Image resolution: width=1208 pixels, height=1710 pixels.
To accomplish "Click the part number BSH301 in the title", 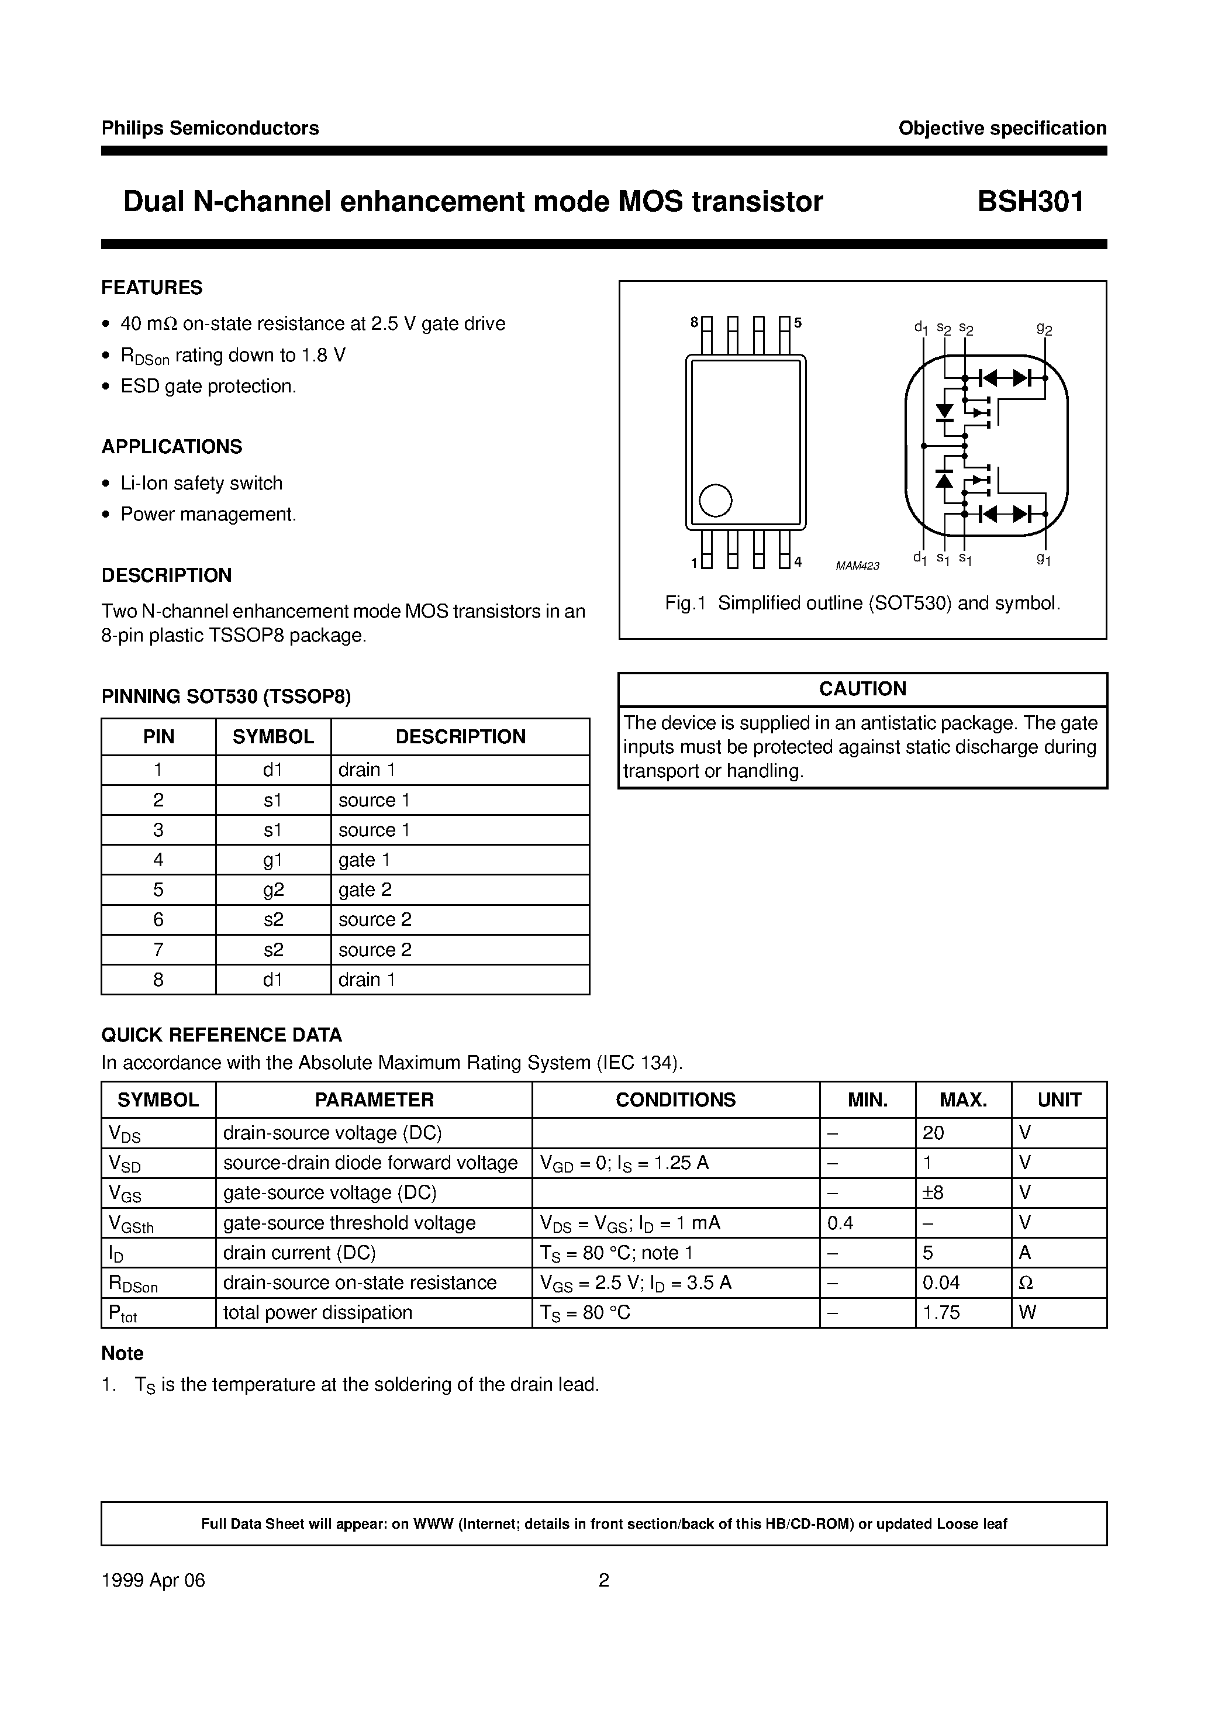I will pyautogui.click(x=1030, y=202).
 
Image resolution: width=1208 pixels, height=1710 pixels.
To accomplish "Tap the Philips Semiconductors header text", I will pyautogui.click(x=210, y=128).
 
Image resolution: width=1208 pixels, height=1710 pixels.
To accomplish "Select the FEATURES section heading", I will pyautogui.click(x=152, y=288).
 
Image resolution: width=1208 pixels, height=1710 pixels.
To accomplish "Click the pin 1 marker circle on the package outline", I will pyautogui.click(x=716, y=501).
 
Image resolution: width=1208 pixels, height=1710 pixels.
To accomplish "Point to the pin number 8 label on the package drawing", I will pyautogui.click(x=694, y=322).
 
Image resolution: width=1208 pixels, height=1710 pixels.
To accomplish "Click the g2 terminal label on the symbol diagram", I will pyautogui.click(x=1044, y=329).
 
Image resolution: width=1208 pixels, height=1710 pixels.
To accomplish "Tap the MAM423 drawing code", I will pyautogui.click(x=857, y=566).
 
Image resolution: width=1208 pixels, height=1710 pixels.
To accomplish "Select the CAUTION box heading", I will pyautogui.click(x=862, y=689).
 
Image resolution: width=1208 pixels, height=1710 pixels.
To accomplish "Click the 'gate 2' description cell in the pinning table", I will pyautogui.click(x=365, y=890).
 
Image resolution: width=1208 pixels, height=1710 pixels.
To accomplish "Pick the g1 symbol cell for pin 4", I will pyautogui.click(x=273, y=860).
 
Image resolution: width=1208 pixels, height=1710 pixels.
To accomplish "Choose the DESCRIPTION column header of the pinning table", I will pyautogui.click(x=460, y=737).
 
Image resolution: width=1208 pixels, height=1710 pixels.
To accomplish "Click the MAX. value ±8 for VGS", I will pyautogui.click(x=933, y=1193).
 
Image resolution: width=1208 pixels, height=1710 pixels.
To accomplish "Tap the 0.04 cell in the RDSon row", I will pyautogui.click(x=941, y=1282).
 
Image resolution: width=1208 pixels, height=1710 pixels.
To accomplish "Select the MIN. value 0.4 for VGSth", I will pyautogui.click(x=840, y=1223).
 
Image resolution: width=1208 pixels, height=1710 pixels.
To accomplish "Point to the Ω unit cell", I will pyautogui.click(x=1026, y=1282).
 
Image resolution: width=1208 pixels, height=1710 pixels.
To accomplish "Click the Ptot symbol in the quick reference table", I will pyautogui.click(x=123, y=1313).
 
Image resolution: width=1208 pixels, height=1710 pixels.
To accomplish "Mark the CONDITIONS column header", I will pyautogui.click(x=675, y=1100).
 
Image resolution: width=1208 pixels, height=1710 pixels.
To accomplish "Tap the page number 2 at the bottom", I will pyautogui.click(x=604, y=1580).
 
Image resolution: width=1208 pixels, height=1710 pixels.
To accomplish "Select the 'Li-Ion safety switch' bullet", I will pyautogui.click(x=201, y=484).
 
